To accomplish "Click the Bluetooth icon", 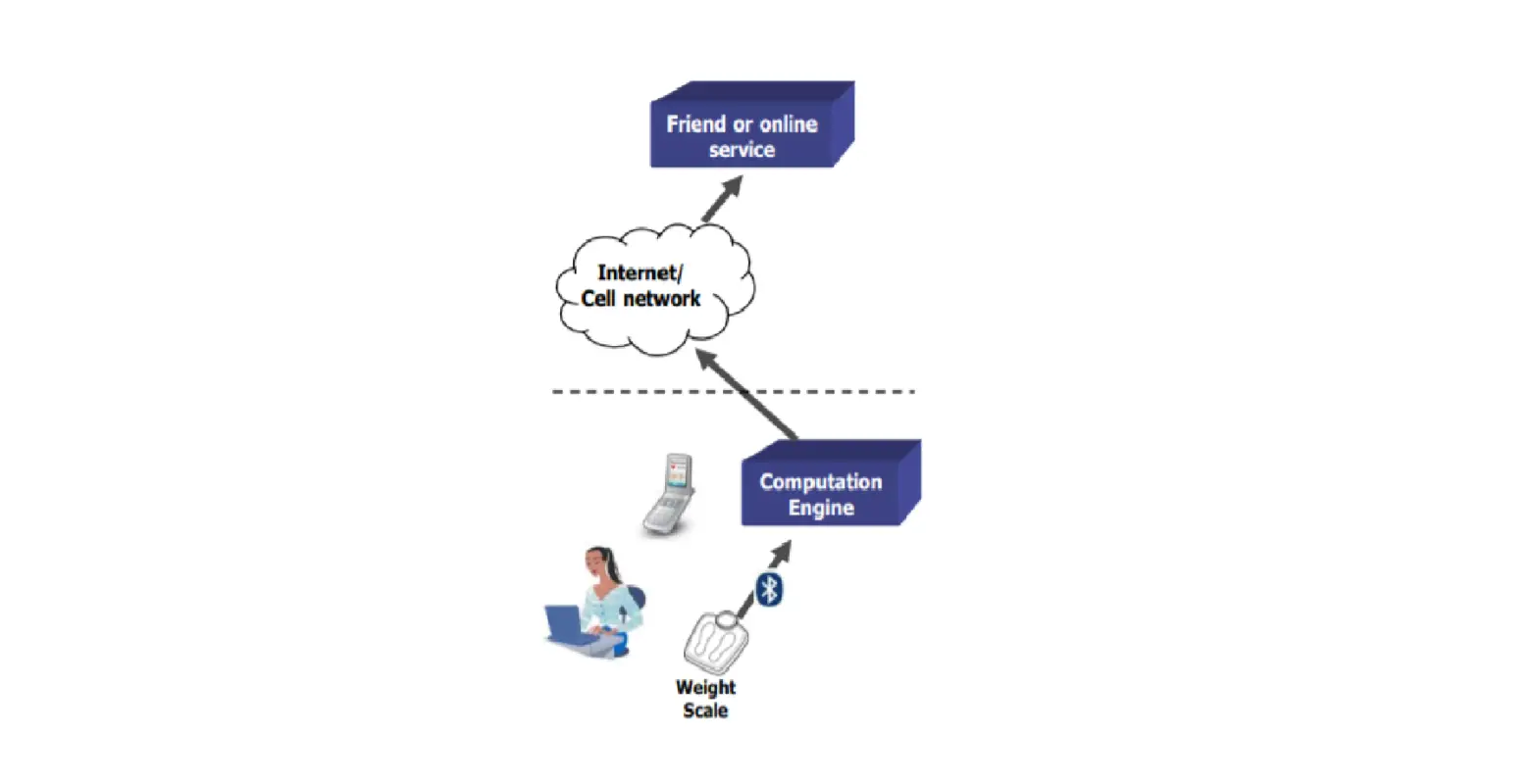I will (770, 590).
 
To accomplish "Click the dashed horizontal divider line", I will (628, 392).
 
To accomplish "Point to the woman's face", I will (597, 563).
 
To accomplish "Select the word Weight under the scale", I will (705, 687).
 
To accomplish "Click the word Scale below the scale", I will (705, 710).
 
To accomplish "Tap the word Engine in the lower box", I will (821, 508).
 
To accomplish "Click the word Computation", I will (821, 482).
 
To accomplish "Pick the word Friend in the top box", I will (696, 124).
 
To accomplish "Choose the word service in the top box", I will (742, 150).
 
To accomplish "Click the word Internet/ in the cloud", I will (640, 273).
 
